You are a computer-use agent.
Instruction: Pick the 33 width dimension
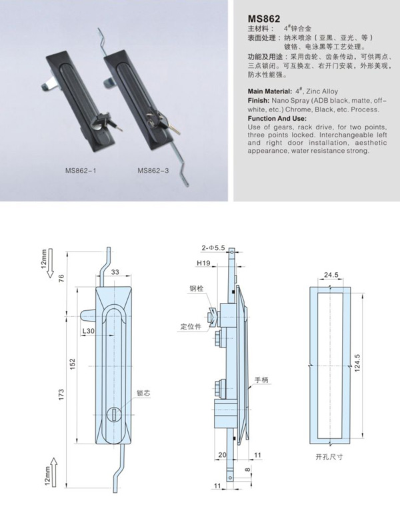[x=115, y=272]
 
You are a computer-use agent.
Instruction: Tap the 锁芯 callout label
[x=143, y=394]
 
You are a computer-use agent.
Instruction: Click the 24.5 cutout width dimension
[x=331, y=274]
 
